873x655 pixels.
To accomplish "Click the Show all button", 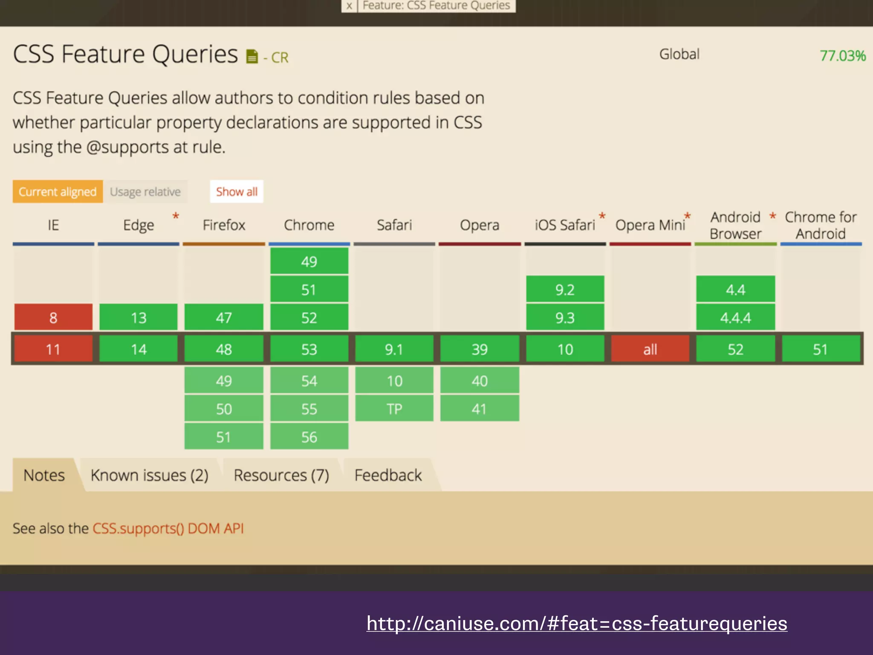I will (237, 192).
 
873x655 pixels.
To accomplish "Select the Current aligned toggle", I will (58, 192).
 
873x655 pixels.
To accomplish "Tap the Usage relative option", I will (145, 192).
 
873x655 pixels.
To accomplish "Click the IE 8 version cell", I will (53, 317).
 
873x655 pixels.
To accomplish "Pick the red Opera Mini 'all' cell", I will (650, 349).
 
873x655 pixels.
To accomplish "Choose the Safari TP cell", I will (394, 409).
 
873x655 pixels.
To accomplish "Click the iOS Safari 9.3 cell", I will (565, 317).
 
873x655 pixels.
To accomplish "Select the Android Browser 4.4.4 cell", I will (735, 317).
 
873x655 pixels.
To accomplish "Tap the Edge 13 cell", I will (139, 317).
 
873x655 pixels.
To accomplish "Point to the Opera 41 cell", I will (480, 409).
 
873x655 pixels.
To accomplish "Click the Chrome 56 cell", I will (309, 437).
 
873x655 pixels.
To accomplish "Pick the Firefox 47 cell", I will (224, 317).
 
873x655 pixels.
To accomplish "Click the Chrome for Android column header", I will (821, 225).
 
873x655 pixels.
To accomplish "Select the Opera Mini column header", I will (650, 225).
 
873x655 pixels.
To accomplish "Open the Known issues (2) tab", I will (149, 475).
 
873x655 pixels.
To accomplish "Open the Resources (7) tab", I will (281, 475).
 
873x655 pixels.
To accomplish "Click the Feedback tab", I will (388, 475).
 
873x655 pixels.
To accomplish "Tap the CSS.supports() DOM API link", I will (168, 528).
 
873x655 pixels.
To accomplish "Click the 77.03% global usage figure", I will (842, 56).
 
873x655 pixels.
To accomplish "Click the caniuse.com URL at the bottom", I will (577, 623).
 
